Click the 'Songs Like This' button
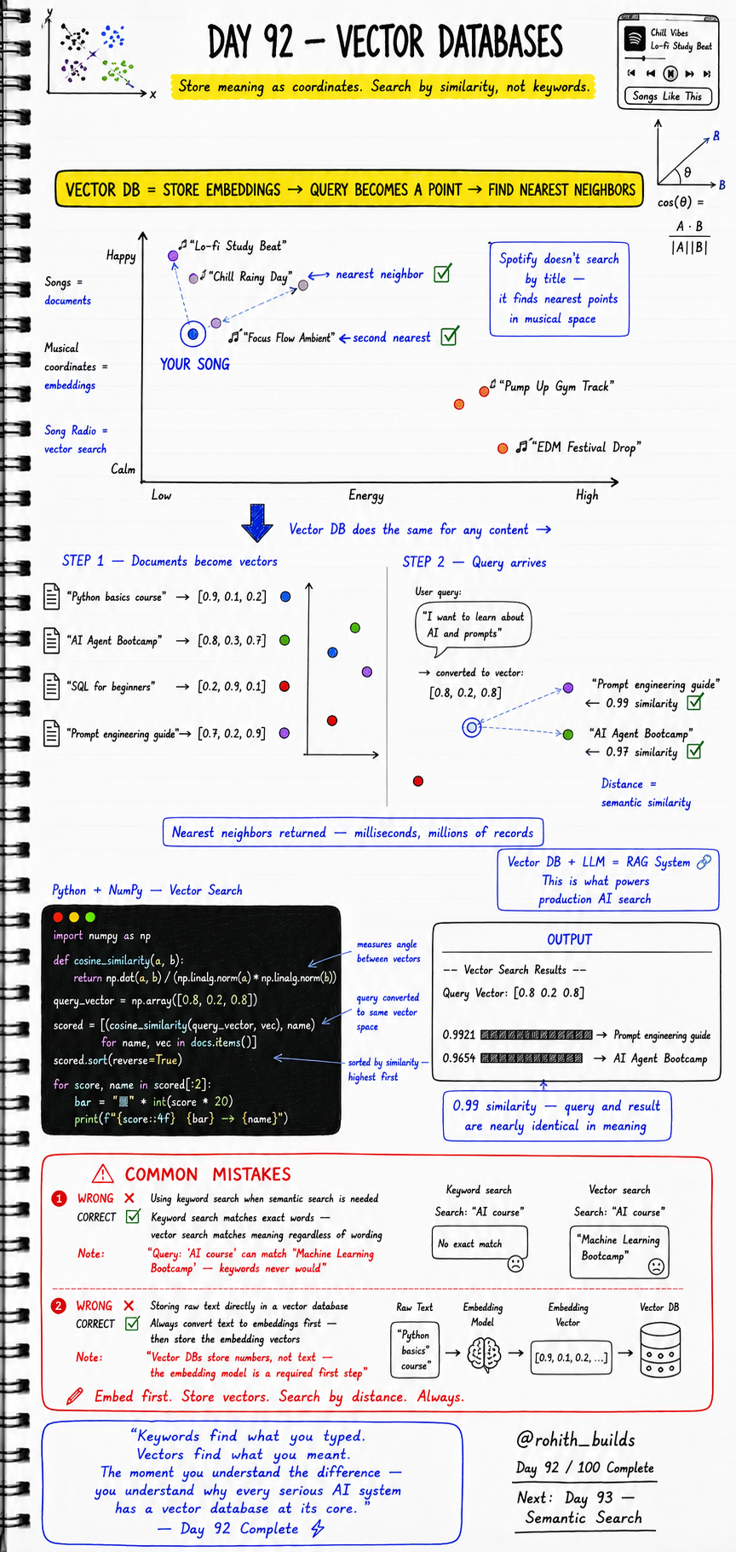(668, 96)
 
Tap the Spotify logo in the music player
(635, 38)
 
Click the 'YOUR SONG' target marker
(193, 334)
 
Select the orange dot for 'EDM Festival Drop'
(503, 447)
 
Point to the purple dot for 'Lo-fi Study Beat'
(174, 255)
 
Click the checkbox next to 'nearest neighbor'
(442, 274)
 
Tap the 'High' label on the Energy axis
(587, 495)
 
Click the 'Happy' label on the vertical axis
(121, 256)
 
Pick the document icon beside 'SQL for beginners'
(52, 687)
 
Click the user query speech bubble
(473, 626)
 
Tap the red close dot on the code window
(59, 917)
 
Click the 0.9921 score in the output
(459, 1035)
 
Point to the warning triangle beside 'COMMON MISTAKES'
(102, 1174)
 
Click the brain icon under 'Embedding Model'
(484, 1353)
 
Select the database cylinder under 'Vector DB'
(660, 1349)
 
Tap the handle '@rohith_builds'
(576, 1439)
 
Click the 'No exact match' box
(480, 1244)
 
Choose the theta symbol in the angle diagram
(687, 172)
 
